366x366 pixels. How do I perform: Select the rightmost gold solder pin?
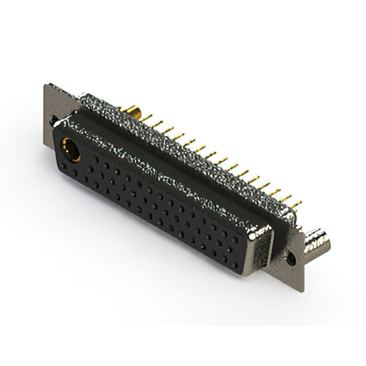tap(298, 202)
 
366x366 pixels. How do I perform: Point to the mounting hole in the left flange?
tap(53, 121)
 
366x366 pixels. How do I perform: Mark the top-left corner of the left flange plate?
tap(46, 86)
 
